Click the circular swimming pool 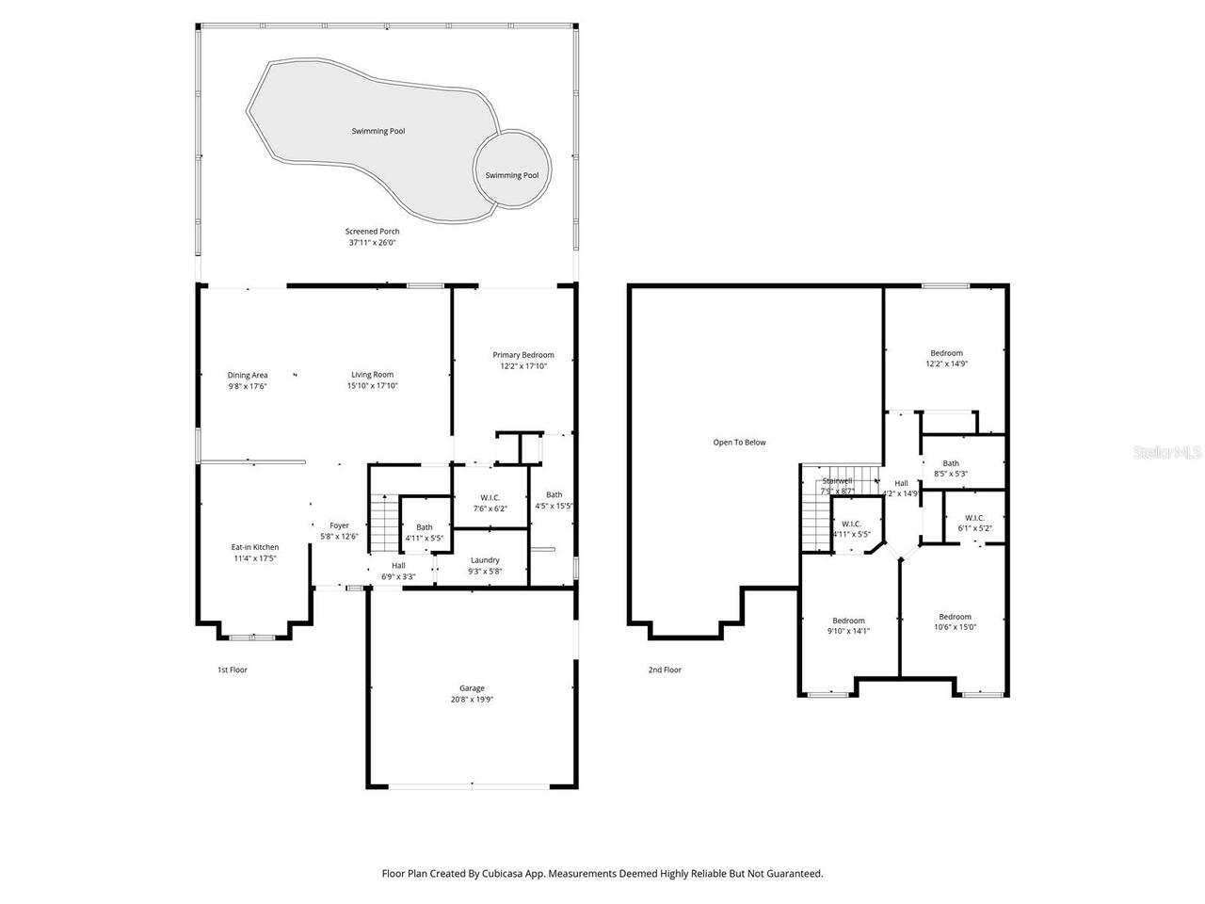pyautogui.click(x=512, y=169)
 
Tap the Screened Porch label pyautogui.click(x=372, y=232)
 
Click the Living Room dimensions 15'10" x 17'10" pyautogui.click(x=372, y=386)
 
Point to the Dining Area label pyautogui.click(x=248, y=375)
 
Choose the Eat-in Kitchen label pyautogui.click(x=255, y=547)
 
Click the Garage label pyautogui.click(x=472, y=688)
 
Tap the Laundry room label pyautogui.click(x=485, y=560)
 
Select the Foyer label pyautogui.click(x=339, y=525)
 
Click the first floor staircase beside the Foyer pyautogui.click(x=380, y=523)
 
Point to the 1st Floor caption pyautogui.click(x=232, y=670)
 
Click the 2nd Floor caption pyautogui.click(x=664, y=670)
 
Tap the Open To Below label pyautogui.click(x=739, y=442)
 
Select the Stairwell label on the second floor pyautogui.click(x=836, y=480)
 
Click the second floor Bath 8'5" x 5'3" pyautogui.click(x=951, y=463)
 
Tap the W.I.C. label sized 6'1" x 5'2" pyautogui.click(x=973, y=518)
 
